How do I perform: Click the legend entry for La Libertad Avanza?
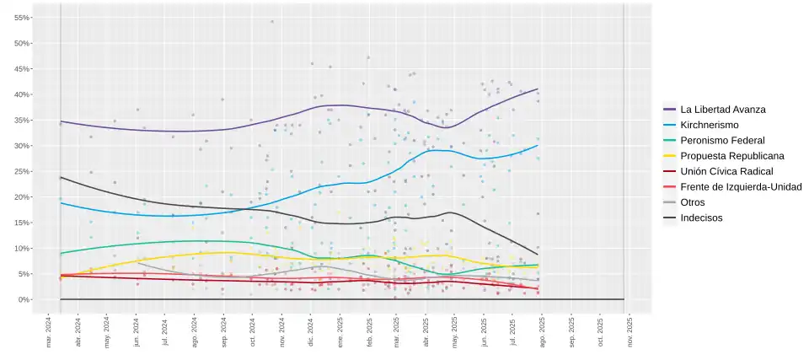[722, 109]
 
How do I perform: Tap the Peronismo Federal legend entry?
[722, 140]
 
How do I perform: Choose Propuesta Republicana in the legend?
[731, 156]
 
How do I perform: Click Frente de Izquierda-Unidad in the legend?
[740, 187]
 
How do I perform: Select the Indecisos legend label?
[701, 218]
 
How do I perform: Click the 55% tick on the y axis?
[23, 18]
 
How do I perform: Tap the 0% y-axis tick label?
[25, 299]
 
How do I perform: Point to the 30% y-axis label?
[23, 146]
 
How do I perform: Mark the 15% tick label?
[23, 223]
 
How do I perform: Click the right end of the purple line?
[538, 89]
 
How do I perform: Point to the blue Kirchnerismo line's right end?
[538, 145]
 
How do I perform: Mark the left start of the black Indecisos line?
[61, 177]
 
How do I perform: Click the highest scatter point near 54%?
[271, 22]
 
